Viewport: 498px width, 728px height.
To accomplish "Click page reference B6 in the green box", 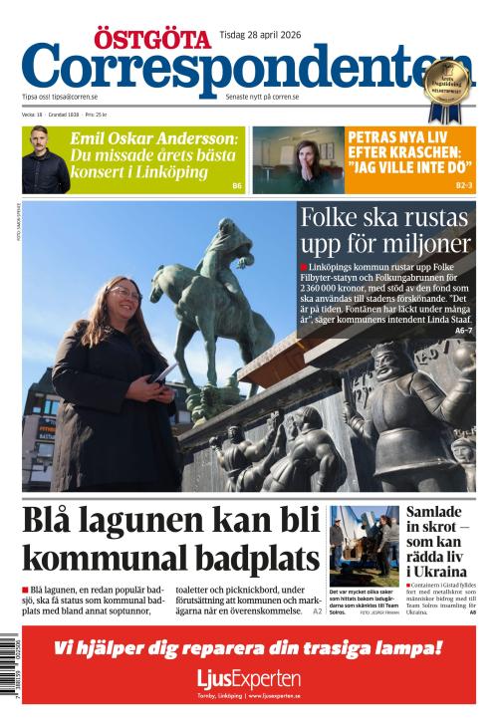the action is click(237, 186).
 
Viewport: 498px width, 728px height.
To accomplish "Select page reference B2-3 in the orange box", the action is click(464, 186).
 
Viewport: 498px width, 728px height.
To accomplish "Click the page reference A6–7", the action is click(463, 330).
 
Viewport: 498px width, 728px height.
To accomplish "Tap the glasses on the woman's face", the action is click(126, 293).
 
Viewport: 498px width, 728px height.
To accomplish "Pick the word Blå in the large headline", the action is click(51, 522).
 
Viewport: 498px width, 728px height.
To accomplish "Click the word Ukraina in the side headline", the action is click(440, 572).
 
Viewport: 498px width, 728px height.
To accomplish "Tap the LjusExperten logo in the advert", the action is click(248, 680).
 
